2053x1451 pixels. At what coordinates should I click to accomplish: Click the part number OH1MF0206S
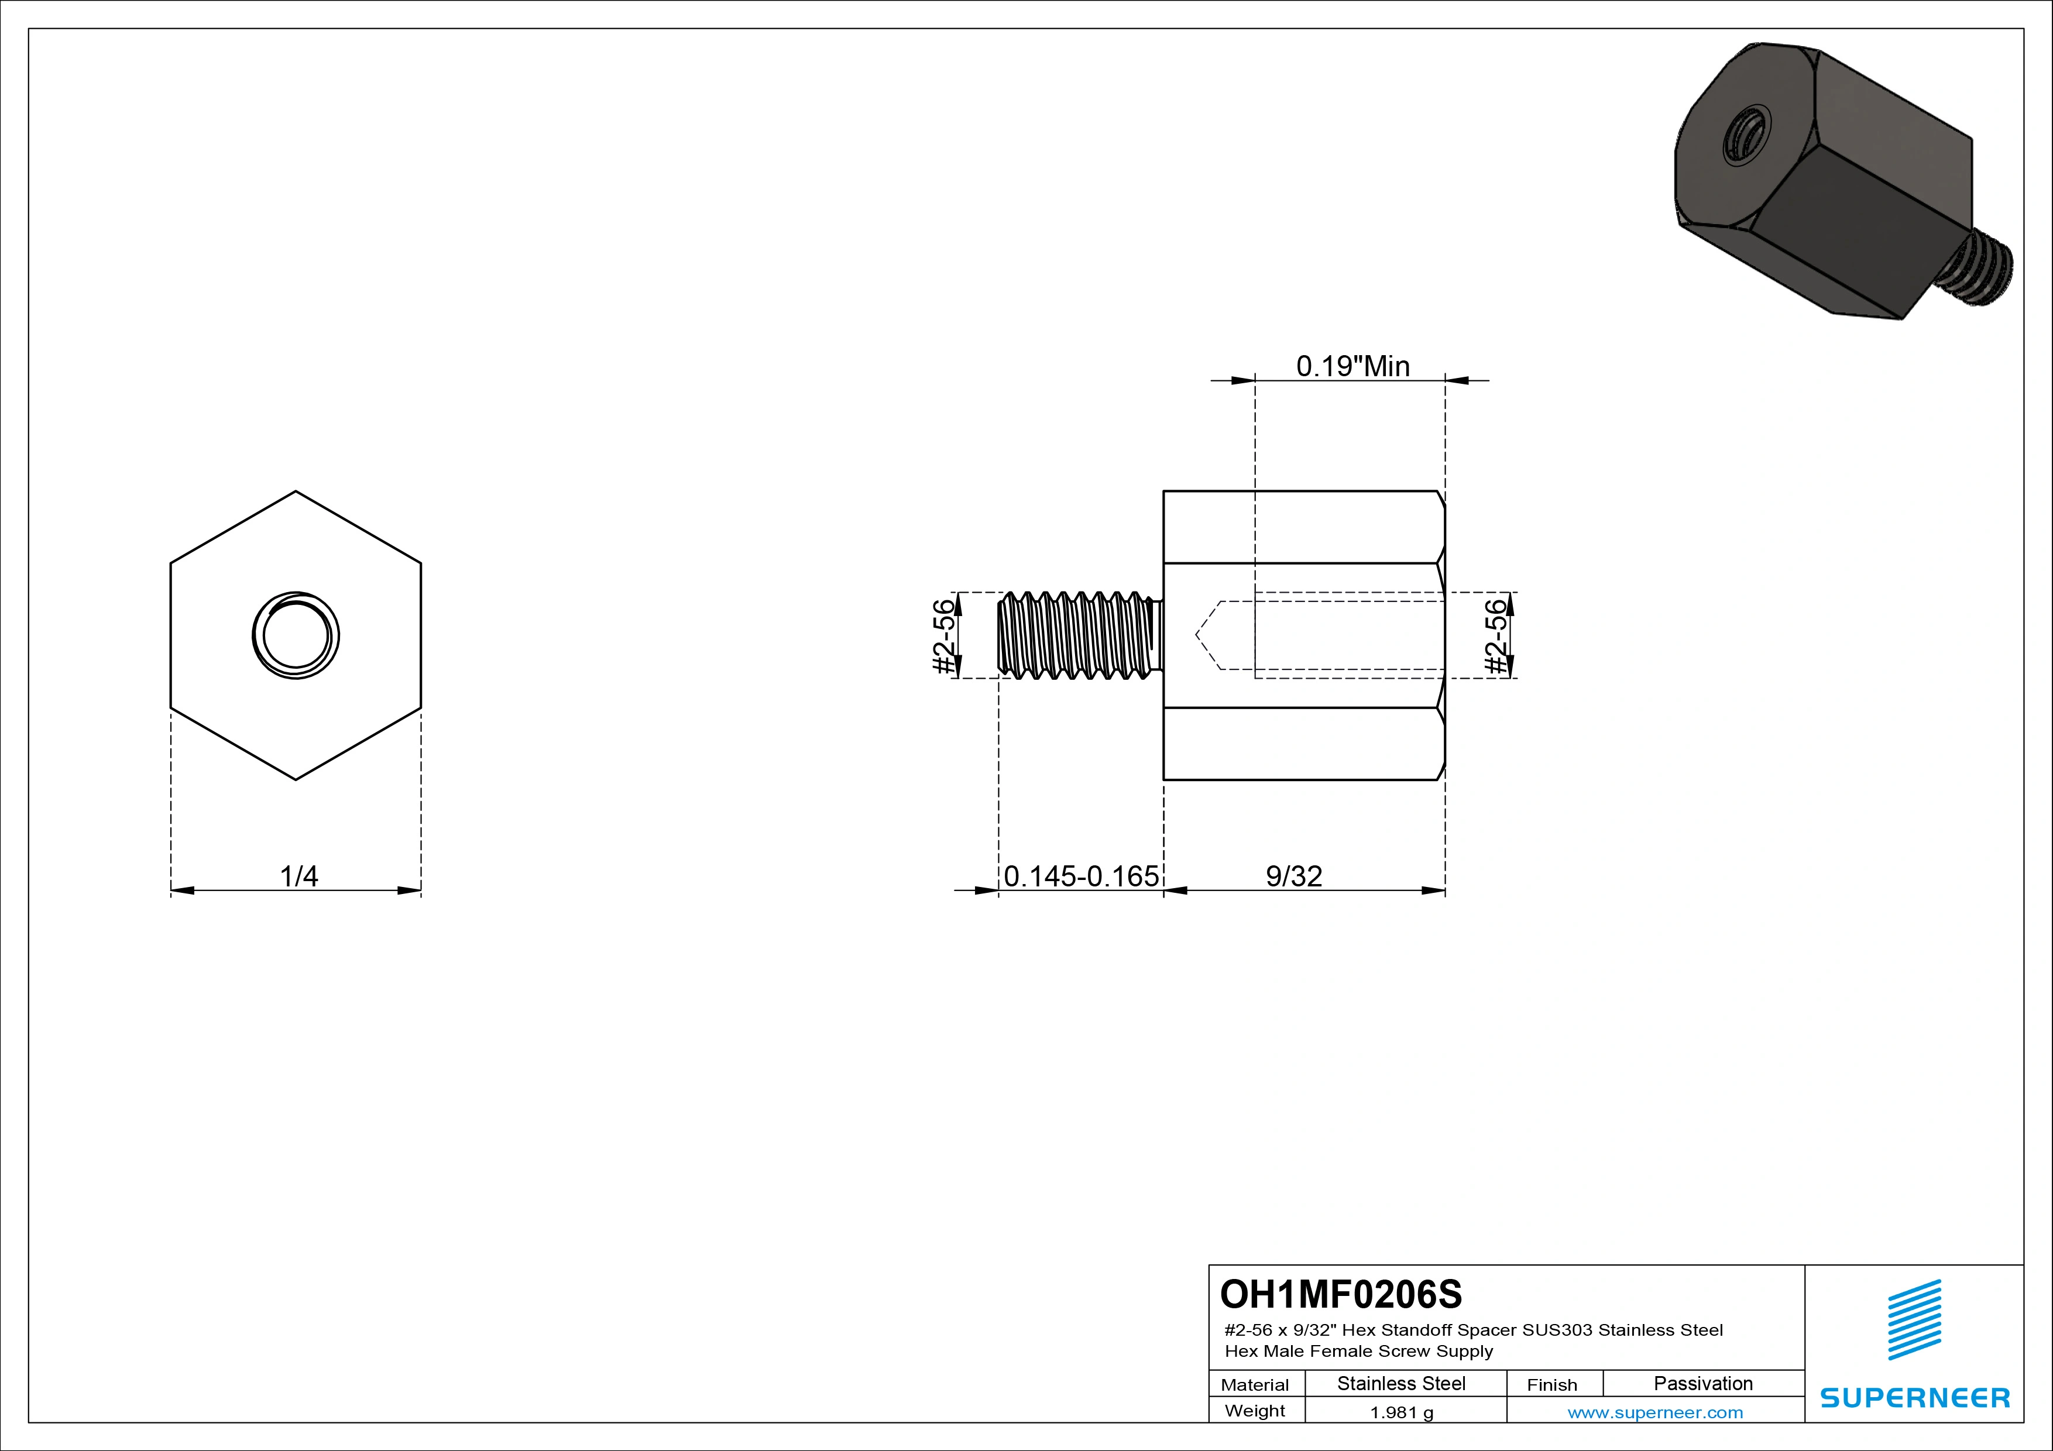(1340, 1294)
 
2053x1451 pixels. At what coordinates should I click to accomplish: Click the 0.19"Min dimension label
(1352, 366)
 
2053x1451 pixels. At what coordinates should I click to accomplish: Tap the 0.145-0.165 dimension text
(1080, 876)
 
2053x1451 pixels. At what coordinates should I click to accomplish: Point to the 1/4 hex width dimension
(298, 876)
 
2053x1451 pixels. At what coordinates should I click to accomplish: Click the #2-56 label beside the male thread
(944, 635)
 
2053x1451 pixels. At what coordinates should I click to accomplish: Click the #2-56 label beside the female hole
(1495, 635)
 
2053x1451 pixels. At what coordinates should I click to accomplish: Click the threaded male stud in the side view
(1077, 635)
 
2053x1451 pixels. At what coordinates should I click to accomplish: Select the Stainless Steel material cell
(1400, 1383)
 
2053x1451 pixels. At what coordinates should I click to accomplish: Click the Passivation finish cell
(1702, 1383)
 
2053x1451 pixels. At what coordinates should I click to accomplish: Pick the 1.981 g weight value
(1401, 1412)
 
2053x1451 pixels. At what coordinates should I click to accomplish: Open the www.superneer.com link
(1654, 1412)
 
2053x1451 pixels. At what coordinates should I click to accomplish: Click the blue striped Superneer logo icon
(1914, 1319)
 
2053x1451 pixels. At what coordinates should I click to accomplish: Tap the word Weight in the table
(1255, 1411)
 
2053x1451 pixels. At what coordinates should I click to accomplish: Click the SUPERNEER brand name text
(1914, 1397)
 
